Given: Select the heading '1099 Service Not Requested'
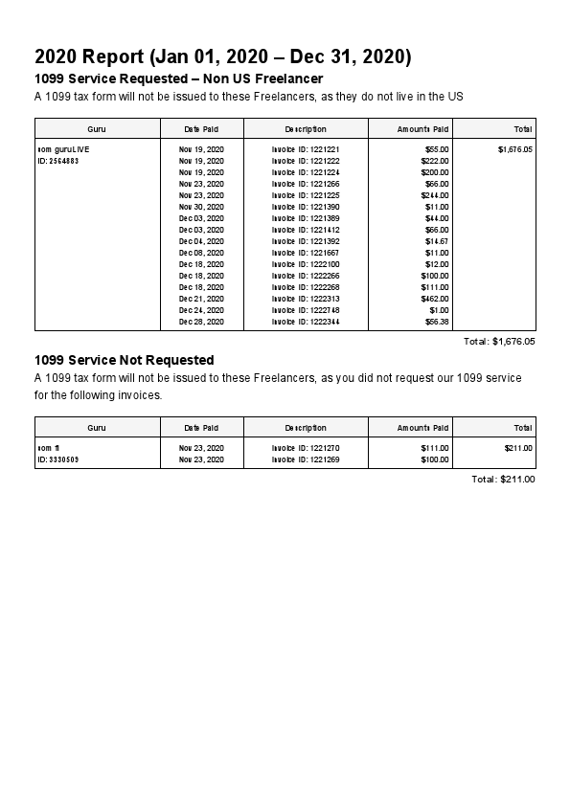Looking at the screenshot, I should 124,360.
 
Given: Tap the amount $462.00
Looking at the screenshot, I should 434,299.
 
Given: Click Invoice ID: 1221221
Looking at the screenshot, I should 306,149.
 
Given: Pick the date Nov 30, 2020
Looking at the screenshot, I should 201,207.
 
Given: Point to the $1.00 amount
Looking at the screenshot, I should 439,310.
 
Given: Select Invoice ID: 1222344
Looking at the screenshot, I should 306,322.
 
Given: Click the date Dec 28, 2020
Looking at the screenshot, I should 201,322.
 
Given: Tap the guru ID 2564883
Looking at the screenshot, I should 57,161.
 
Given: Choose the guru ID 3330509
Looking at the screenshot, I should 57,459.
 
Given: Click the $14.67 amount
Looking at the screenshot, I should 436,241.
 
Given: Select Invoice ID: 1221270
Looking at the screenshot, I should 306,448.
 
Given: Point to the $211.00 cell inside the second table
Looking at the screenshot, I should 518,448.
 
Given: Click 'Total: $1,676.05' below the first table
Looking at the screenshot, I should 499,341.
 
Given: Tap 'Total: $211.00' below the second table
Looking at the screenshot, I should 503,479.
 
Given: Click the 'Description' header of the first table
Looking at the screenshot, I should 306,129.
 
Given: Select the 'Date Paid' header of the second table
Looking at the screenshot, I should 201,428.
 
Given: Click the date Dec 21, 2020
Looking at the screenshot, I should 201,299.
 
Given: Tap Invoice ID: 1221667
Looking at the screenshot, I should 306,253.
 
